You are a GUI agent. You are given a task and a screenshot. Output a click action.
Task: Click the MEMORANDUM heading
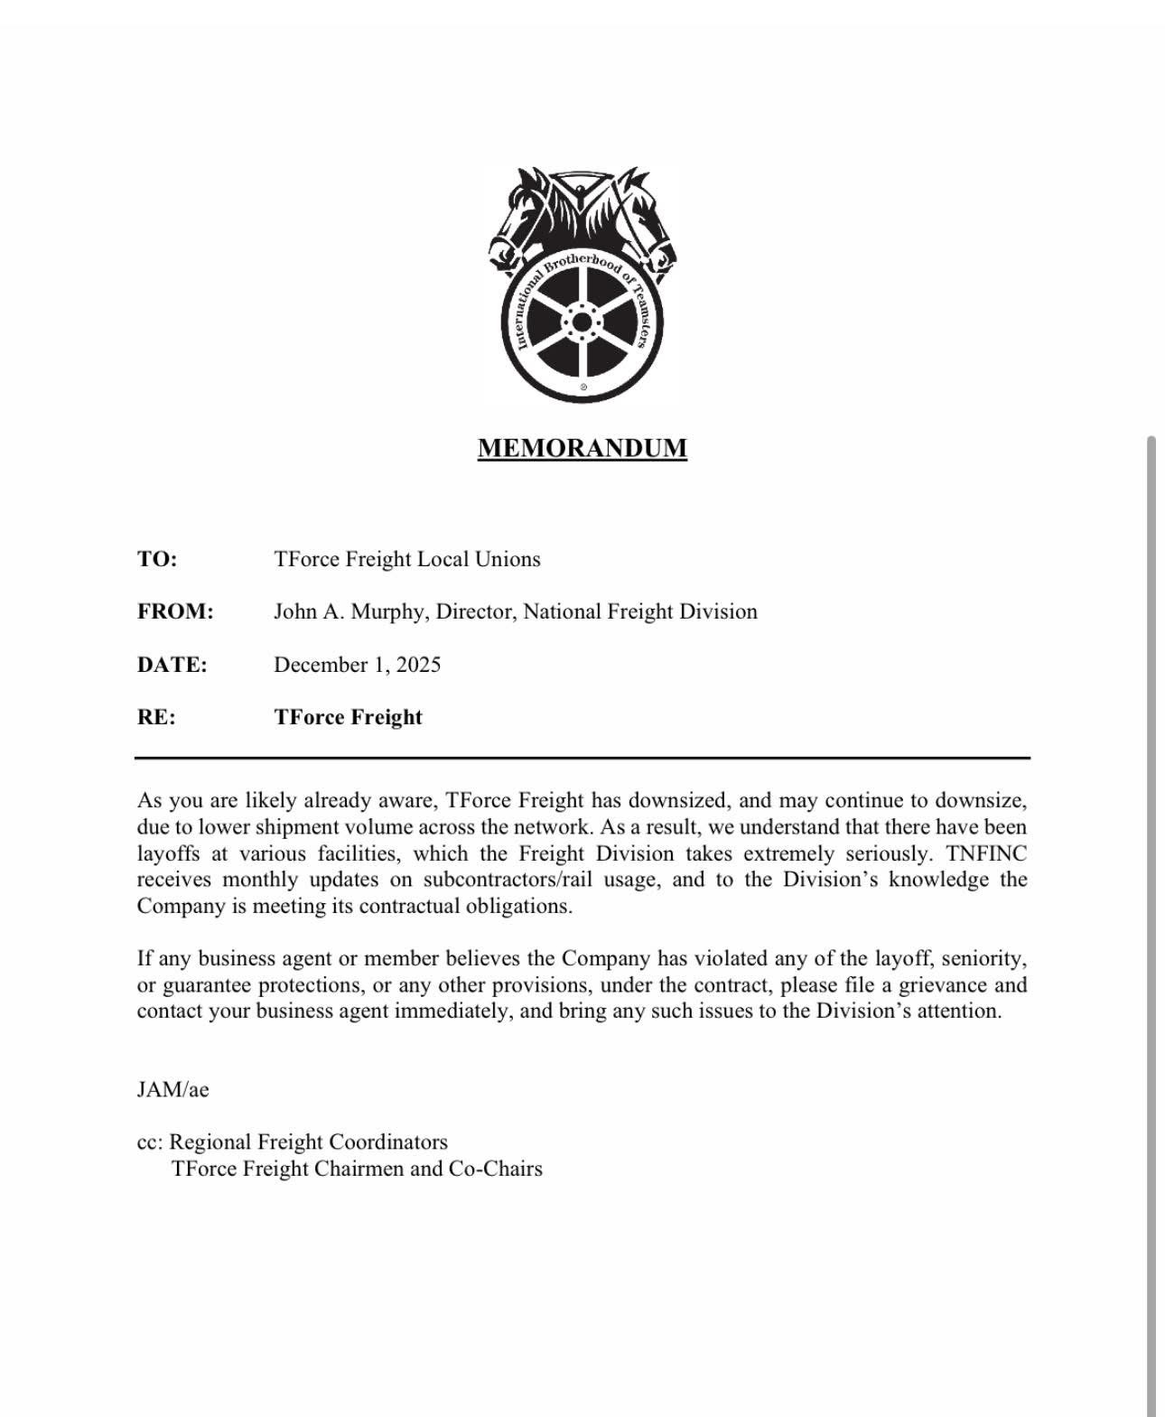582,448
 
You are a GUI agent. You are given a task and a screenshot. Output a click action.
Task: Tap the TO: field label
157,559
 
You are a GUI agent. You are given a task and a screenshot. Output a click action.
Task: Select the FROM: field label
175,611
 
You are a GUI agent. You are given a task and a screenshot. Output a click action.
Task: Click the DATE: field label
172,665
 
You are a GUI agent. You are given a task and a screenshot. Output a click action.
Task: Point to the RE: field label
156,717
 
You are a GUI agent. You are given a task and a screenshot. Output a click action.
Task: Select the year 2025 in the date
418,665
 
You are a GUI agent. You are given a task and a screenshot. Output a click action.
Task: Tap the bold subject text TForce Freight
348,717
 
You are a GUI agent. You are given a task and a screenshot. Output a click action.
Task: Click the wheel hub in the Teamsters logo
582,323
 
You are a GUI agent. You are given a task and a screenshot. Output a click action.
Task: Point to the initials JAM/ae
172,1089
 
